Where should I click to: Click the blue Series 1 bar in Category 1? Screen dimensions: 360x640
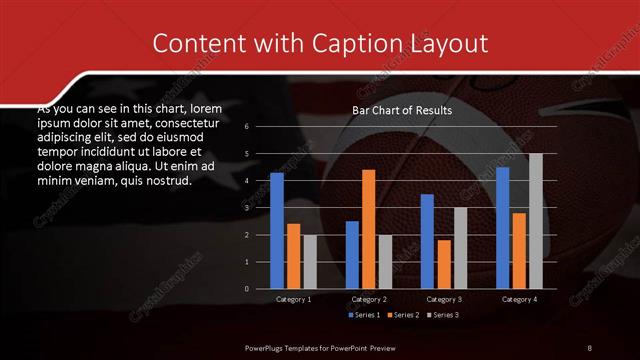point(277,231)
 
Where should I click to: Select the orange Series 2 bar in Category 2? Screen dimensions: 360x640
point(369,229)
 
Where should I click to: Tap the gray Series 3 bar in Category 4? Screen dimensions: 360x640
point(536,221)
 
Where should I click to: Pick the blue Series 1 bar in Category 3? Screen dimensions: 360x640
point(427,241)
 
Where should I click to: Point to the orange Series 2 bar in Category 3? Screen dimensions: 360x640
point(444,264)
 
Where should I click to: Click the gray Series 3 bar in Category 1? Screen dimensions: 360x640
point(310,262)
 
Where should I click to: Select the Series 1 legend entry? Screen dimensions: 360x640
point(365,315)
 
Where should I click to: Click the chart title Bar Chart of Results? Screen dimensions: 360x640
point(402,110)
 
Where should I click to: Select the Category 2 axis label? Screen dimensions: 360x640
point(369,299)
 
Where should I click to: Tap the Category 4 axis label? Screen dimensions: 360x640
point(519,299)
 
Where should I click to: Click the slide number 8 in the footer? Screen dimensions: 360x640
point(589,347)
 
